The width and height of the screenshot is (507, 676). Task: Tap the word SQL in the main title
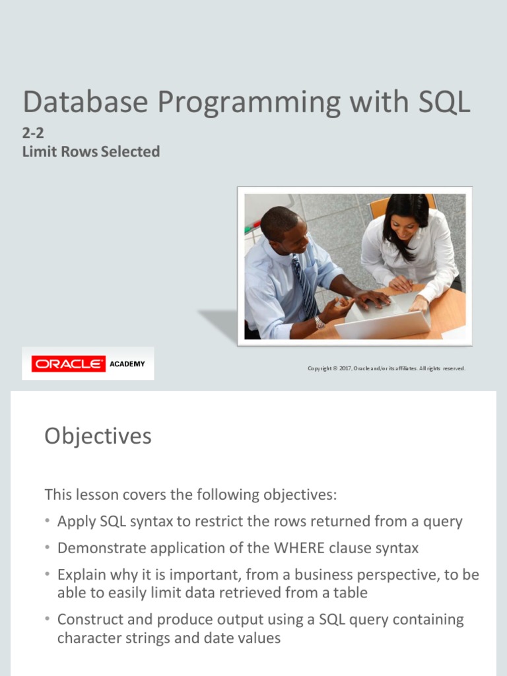(444, 102)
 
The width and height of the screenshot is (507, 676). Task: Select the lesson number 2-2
(33, 133)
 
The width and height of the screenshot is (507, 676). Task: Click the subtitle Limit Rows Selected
(91, 152)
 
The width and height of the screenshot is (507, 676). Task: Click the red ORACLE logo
(69, 364)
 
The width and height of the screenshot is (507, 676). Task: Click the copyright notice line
(386, 368)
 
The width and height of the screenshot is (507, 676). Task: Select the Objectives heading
(98, 436)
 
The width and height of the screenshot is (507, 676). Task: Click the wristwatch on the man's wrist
(320, 322)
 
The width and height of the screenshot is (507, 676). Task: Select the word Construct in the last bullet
(88, 620)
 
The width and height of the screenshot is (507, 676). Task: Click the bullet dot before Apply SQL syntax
(48, 522)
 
